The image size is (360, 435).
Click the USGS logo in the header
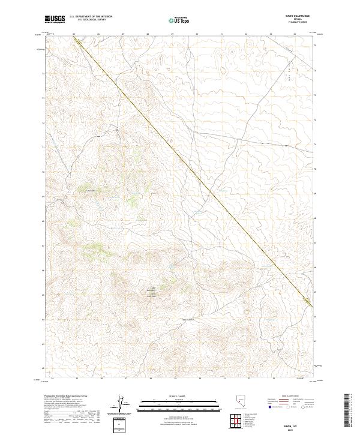click(55, 19)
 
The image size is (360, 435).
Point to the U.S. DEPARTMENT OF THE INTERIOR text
click(91, 17)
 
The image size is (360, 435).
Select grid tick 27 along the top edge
click(123, 34)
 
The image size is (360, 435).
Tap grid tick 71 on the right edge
click(316, 145)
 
